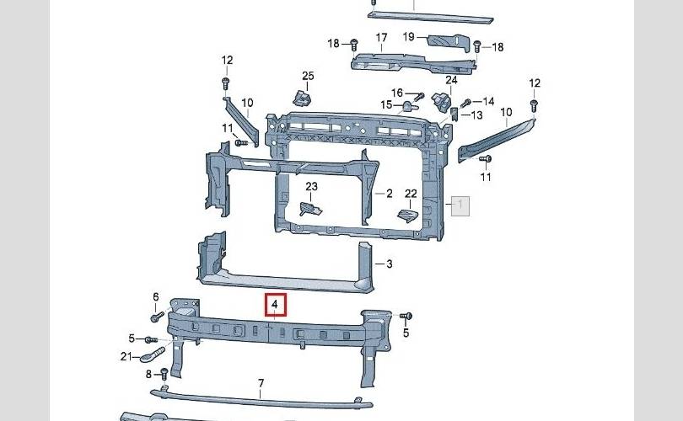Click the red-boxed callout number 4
[275, 303]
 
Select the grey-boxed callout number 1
[460, 205]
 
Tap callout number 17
[381, 38]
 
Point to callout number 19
[409, 36]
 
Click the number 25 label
[308, 77]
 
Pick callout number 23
[311, 186]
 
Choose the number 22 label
[411, 194]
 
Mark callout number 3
[390, 264]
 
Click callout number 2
[390, 194]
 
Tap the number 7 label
[261, 383]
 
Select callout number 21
[126, 356]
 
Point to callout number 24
[451, 81]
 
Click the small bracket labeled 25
[300, 98]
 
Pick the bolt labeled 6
[157, 317]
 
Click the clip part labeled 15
[408, 106]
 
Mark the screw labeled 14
[464, 102]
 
